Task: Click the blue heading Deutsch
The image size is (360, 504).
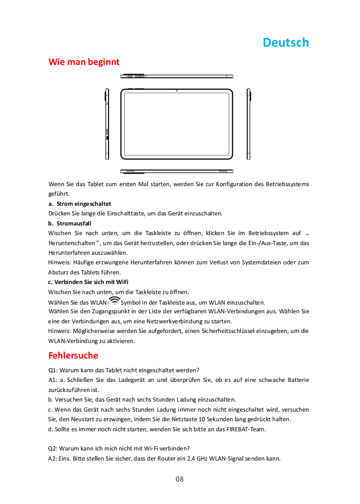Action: point(286,43)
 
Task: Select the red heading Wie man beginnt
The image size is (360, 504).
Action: point(84,62)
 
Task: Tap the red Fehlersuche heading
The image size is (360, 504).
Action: point(73,355)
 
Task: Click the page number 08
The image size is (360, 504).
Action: point(179,479)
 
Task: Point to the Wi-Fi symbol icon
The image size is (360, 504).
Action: point(114,301)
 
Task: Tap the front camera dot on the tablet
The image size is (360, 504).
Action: point(177,91)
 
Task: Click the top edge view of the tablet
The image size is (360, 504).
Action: point(177,76)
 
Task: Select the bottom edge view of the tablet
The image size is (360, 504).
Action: point(177,172)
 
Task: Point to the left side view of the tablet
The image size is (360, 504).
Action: point(107,124)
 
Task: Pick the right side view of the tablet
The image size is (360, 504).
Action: point(249,124)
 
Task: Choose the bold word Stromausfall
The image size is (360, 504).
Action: point(74,223)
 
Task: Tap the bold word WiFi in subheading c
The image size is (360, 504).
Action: point(122,282)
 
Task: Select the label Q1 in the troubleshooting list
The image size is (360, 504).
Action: point(53,370)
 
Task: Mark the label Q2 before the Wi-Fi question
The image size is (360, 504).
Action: point(53,448)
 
